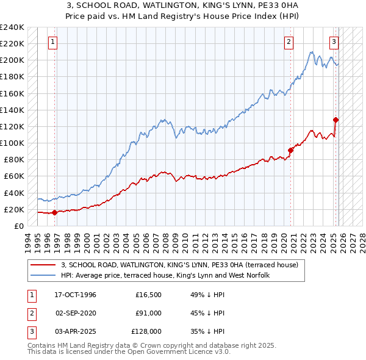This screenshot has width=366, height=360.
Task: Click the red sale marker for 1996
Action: coord(54,212)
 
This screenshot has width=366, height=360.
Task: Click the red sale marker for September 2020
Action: coord(290,150)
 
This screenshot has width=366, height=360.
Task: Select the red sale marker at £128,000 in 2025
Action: coord(335,120)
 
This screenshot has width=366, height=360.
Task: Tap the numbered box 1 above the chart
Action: coord(53,42)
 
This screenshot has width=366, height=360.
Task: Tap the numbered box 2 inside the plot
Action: coord(289,42)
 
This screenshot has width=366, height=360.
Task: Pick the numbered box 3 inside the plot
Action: coord(334,42)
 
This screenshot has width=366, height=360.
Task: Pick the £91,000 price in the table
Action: coord(149,313)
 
